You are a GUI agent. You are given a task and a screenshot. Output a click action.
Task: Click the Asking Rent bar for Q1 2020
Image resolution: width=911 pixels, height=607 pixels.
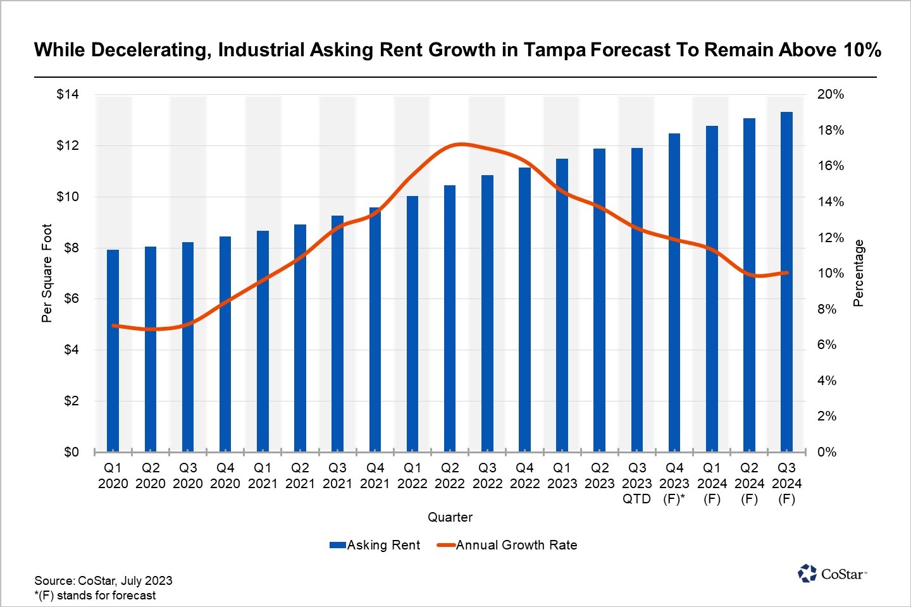coord(113,351)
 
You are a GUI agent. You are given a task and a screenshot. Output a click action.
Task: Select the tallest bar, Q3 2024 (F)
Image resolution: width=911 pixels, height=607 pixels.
coord(786,281)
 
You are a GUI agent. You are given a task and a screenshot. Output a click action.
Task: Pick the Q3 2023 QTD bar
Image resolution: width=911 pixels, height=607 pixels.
coord(637,300)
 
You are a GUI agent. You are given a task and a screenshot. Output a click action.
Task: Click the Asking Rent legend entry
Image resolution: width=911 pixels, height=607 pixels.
coord(375,545)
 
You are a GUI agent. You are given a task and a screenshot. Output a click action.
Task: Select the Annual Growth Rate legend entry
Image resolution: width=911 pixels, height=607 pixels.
coord(507,545)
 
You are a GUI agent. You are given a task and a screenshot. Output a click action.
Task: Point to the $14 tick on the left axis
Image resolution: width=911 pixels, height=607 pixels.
coord(68,95)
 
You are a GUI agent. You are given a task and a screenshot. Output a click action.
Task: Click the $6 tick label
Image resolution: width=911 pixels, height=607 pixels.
coord(71,298)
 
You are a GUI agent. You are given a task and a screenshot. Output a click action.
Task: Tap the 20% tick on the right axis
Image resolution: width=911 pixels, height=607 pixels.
coord(831,95)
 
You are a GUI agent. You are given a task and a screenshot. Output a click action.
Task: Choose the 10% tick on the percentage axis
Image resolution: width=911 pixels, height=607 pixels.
coord(831,274)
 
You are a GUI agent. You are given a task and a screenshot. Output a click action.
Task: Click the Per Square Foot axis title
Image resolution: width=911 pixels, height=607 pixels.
coord(47,273)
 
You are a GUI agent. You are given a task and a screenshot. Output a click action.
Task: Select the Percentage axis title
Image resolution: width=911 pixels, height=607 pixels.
coord(858,273)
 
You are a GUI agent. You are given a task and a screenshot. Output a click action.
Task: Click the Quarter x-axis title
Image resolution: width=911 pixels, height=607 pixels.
coord(450,517)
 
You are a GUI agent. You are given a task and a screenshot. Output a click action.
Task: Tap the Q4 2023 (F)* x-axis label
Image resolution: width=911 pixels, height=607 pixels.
coord(674,484)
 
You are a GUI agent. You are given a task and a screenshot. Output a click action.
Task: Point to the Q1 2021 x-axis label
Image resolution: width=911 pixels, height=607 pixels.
coord(263,476)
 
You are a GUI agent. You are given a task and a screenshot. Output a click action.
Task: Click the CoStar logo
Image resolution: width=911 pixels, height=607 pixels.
coord(833,573)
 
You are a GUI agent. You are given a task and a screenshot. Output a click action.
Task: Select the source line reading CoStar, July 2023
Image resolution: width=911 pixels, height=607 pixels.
coord(103,580)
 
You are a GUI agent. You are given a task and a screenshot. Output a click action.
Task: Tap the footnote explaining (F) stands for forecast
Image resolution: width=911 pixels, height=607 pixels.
coord(95,596)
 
